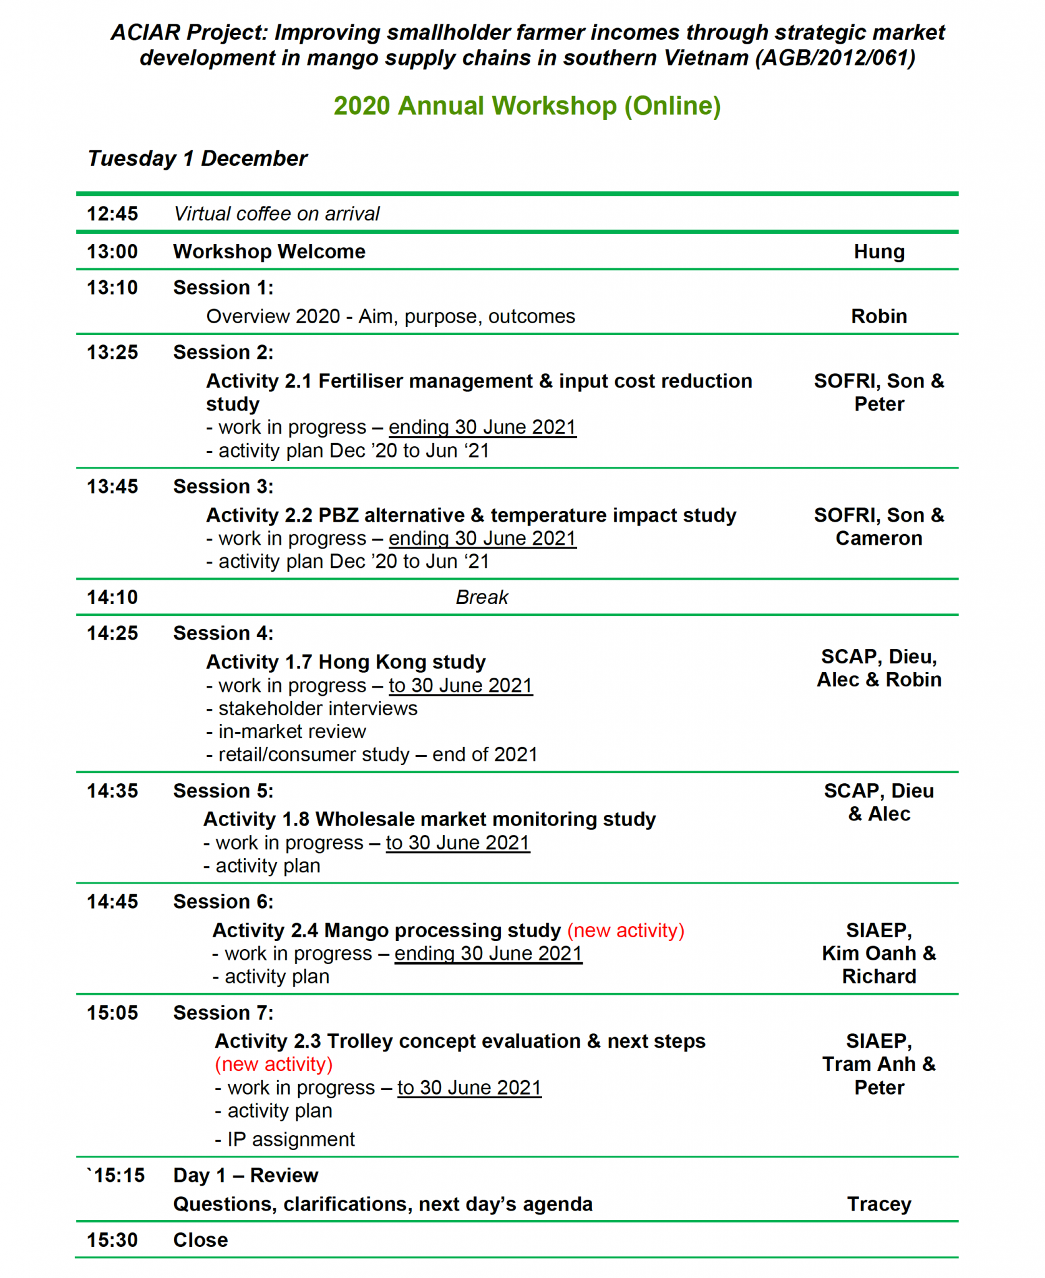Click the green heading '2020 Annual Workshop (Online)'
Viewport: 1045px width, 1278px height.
coord(527,106)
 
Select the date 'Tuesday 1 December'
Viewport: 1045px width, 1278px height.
coord(197,159)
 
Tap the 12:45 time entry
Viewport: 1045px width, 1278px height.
coord(112,214)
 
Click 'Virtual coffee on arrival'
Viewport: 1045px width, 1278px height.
coord(276,214)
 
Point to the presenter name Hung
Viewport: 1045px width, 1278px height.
coord(878,251)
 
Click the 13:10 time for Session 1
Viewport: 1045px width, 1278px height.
coord(112,288)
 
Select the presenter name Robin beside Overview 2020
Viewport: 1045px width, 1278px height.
coord(878,316)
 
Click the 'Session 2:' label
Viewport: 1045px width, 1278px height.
coord(223,353)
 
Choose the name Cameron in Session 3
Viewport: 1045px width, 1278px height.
coord(878,539)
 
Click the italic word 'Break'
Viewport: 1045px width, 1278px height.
coord(482,598)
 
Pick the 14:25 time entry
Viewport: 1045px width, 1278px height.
coord(112,633)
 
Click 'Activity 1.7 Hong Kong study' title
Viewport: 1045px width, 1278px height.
coord(346,662)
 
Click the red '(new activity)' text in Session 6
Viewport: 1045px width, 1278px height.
coord(625,930)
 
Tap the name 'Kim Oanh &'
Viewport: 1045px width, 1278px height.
coord(878,954)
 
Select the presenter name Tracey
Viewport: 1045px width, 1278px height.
coord(878,1204)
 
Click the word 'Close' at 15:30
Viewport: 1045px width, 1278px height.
coord(200,1240)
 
